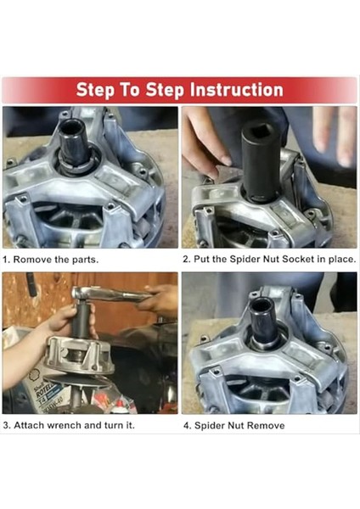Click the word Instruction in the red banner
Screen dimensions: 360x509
click(237, 90)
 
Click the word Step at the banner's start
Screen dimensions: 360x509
click(95, 90)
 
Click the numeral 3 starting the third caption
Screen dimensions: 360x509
click(6, 425)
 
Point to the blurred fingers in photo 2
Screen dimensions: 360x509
click(334, 137)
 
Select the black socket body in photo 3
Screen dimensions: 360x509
click(81, 318)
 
